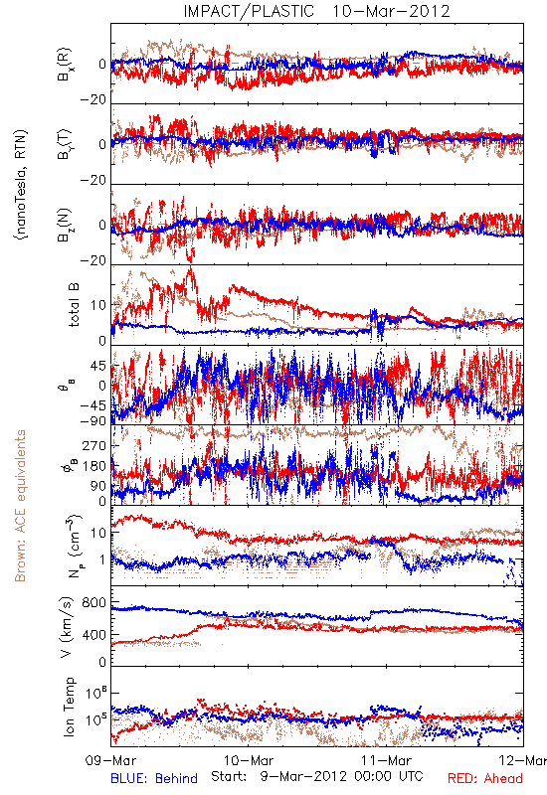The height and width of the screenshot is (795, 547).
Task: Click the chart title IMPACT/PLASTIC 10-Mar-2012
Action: [x=316, y=11]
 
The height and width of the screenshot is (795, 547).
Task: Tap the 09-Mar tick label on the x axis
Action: [x=111, y=760]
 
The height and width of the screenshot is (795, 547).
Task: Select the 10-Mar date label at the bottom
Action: [x=249, y=760]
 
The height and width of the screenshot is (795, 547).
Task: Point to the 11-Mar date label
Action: [x=386, y=760]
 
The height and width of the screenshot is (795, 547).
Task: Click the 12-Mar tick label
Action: [x=523, y=760]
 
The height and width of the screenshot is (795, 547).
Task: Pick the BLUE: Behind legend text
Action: [x=154, y=778]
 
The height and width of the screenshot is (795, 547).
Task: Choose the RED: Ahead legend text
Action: [x=485, y=778]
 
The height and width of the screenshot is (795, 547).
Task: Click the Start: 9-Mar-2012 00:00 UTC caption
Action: [x=316, y=776]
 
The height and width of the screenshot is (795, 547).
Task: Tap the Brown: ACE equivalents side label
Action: [x=20, y=506]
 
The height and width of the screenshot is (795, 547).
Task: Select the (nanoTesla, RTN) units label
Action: [x=21, y=184]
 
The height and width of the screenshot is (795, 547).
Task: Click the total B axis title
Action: [x=73, y=304]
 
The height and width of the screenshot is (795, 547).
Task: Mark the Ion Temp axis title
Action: [x=69, y=707]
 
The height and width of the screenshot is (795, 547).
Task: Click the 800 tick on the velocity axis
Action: [x=94, y=603]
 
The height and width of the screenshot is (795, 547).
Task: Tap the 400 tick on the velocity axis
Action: [x=94, y=635]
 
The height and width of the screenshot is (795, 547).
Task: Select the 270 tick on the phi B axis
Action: [x=94, y=445]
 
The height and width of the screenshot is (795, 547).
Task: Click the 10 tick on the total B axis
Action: [x=98, y=305]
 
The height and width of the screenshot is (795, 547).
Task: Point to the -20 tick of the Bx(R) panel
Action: [x=93, y=99]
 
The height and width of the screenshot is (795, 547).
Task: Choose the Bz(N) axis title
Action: [x=66, y=225]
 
